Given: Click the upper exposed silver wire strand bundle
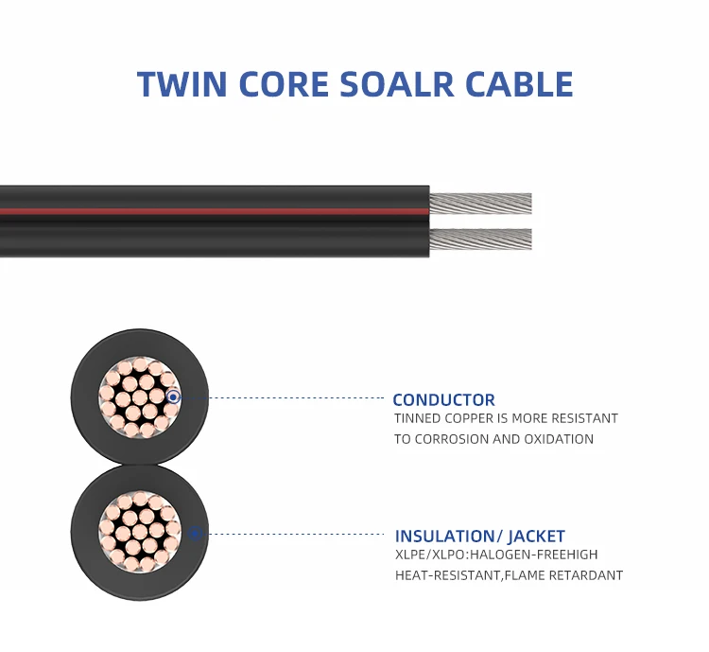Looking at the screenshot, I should (480, 203).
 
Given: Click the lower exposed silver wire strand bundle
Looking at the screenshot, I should (480, 239).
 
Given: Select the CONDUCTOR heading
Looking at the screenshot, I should (443, 400).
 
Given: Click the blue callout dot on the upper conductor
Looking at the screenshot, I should (173, 398).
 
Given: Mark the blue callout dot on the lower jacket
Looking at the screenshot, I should (194, 534).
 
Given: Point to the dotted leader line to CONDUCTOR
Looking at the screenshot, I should (284, 398).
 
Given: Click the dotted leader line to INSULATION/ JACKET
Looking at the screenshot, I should (293, 534).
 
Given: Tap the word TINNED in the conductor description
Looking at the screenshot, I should (418, 418).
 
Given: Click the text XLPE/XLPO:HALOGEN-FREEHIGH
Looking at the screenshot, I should (496, 555).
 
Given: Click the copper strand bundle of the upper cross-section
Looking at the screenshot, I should (137, 397).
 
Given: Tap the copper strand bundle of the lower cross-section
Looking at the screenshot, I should (140, 531).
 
